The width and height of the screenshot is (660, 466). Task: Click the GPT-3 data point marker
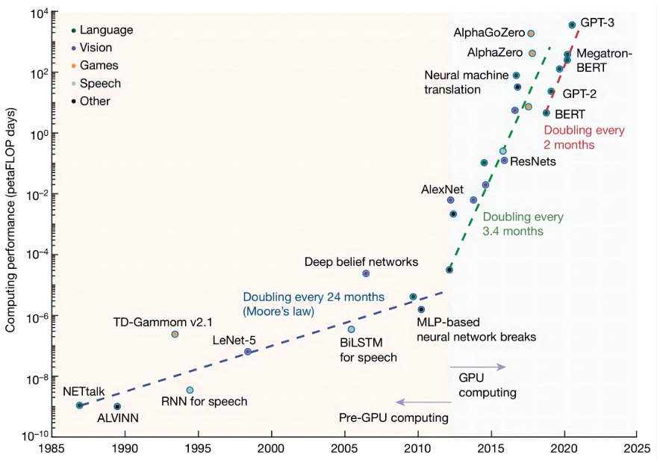pyautogui.click(x=572, y=25)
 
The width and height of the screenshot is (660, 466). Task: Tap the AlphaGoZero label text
pyautogui.click(x=489, y=34)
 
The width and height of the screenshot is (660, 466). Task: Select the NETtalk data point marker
pyautogui.click(x=80, y=406)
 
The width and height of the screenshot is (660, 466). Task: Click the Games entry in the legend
pyautogui.click(x=99, y=66)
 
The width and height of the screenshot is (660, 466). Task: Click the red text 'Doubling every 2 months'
pyautogui.click(x=583, y=137)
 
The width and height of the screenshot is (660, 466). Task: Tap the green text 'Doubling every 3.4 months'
pyautogui.click(x=523, y=224)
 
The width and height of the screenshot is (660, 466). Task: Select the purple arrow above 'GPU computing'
pyautogui.click(x=478, y=367)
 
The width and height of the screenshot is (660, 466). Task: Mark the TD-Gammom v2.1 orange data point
pyautogui.click(x=175, y=334)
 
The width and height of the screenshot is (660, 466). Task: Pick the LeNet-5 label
pyautogui.click(x=234, y=340)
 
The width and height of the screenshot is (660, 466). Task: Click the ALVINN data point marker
pyautogui.click(x=117, y=407)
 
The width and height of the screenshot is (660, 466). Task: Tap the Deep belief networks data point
pyautogui.click(x=366, y=273)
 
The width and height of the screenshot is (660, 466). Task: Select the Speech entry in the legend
pyautogui.click(x=100, y=84)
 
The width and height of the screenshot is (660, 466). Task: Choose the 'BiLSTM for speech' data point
pyautogui.click(x=351, y=329)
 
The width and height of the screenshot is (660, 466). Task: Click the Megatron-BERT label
pyautogui.click(x=604, y=60)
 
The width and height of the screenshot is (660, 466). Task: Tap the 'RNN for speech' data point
pyautogui.click(x=190, y=390)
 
